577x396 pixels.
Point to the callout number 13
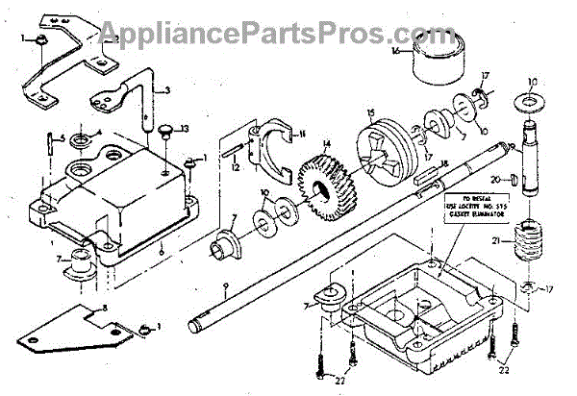[187, 128]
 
